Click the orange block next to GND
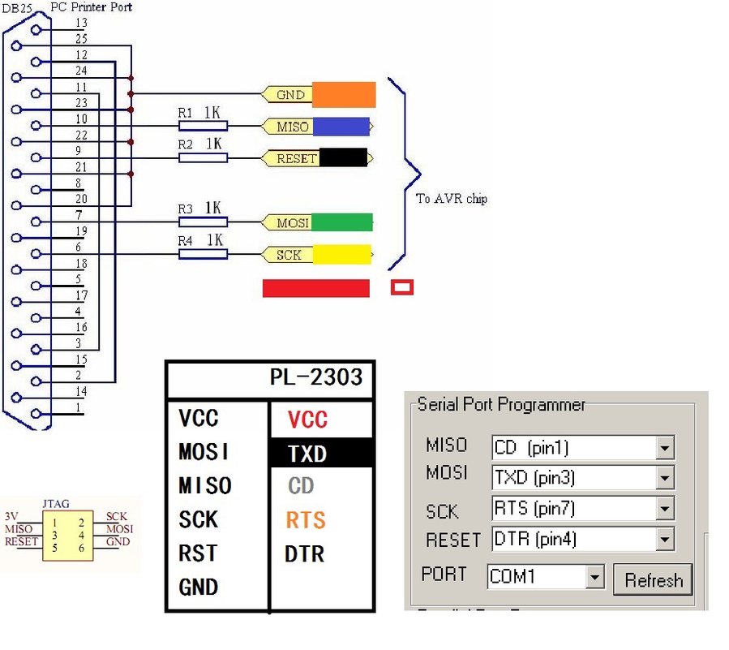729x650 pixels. coord(344,95)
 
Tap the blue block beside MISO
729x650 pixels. coord(341,127)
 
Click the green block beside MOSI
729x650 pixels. coord(341,222)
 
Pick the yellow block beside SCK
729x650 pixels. coord(341,255)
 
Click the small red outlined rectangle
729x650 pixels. coord(402,287)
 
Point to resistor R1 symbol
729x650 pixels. coord(203,127)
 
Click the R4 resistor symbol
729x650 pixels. coord(203,255)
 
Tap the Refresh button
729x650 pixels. coord(653,579)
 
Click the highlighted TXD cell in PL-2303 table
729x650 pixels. coord(321,454)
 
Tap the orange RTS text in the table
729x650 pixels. coord(307,520)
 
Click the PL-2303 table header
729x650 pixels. coord(316,377)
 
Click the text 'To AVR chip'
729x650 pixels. coord(452,198)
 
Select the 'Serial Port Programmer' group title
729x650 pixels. coord(500,404)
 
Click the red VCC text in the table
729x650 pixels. coord(308,420)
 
